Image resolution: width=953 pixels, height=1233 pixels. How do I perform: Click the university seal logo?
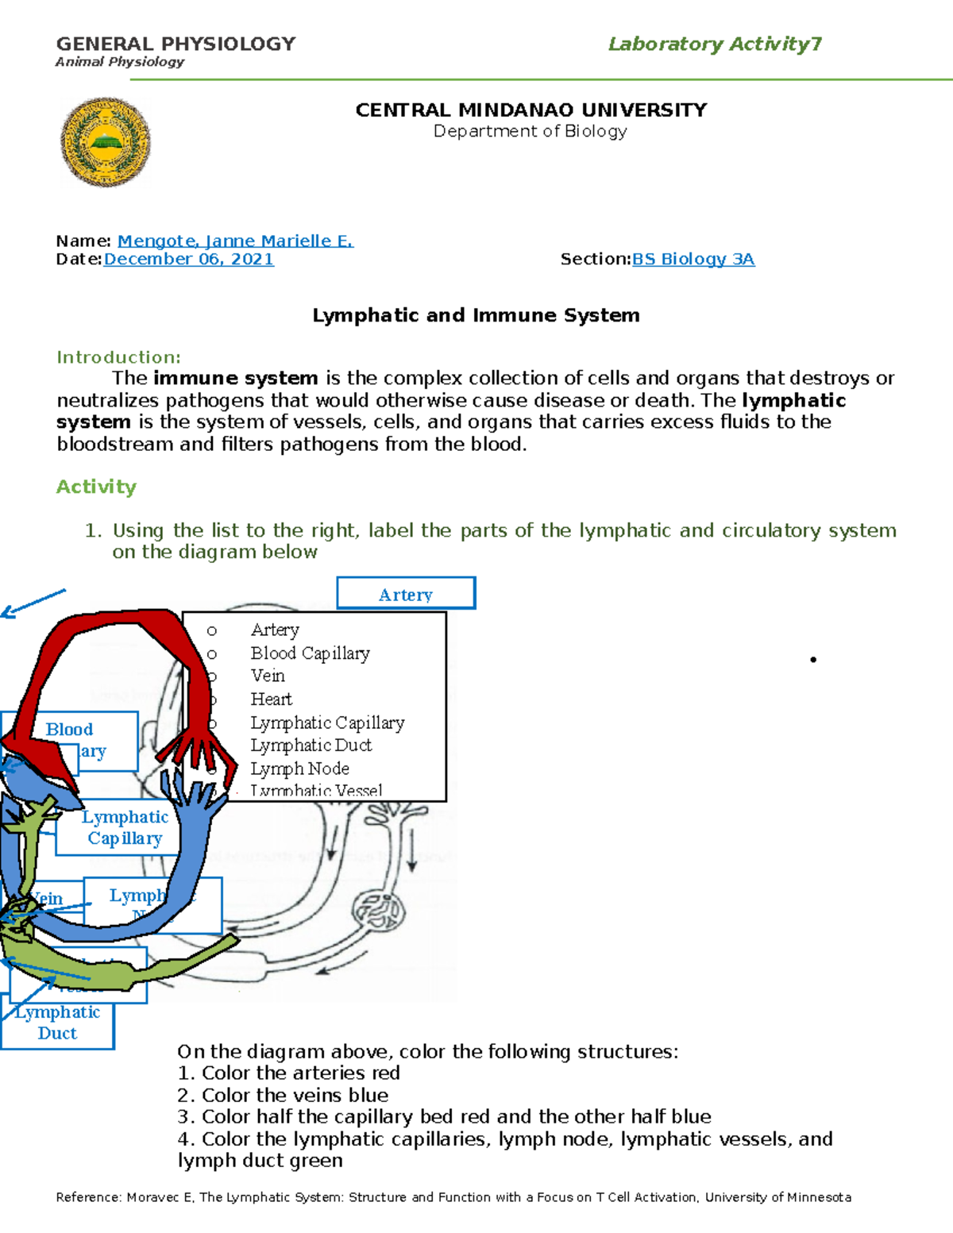[105, 142]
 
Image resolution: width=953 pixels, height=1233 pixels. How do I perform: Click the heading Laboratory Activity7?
[715, 44]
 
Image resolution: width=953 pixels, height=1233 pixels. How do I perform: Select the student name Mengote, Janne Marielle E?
[235, 241]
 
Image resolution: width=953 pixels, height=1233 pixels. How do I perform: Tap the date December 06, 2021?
[188, 259]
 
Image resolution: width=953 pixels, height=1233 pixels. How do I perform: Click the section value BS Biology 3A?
[693, 259]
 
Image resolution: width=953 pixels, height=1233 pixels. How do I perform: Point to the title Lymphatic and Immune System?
[476, 315]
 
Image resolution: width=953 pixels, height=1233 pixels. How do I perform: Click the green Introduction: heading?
[118, 357]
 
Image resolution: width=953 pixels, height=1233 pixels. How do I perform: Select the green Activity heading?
[96, 487]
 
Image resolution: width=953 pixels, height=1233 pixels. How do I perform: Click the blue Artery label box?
[406, 594]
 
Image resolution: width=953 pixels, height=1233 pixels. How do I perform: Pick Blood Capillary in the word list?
[310, 653]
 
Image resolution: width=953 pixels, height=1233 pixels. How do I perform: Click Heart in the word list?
[271, 699]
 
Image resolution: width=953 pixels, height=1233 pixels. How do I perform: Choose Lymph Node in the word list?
[299, 769]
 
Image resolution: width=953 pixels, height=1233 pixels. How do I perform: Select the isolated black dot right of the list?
[813, 659]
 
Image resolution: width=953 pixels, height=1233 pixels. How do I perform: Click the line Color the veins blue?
[283, 1095]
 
